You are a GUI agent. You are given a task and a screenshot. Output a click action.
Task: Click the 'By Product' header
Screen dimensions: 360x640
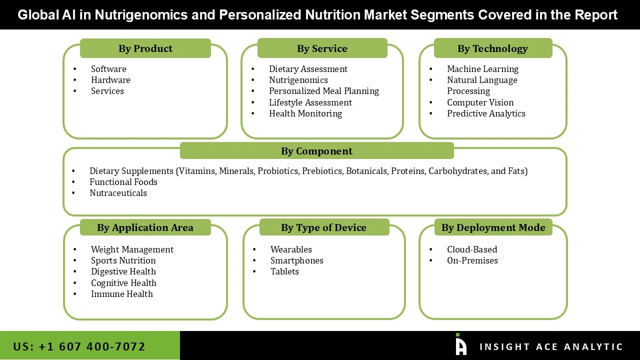coord(145,48)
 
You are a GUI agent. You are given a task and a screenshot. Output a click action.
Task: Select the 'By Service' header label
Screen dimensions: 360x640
coord(322,48)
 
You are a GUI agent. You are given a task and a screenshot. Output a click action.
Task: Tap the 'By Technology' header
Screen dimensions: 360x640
coord(492,48)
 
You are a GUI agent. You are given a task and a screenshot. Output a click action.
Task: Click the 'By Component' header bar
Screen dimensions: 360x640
coord(316,151)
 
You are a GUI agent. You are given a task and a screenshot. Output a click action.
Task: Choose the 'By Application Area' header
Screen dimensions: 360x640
coord(145,227)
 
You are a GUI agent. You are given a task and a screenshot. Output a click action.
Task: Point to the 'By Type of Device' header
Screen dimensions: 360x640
coord(323,227)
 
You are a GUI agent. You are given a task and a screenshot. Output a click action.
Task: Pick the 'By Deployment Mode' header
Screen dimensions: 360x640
coord(493,227)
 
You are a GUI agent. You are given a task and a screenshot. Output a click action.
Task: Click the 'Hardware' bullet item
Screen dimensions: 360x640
coord(110,80)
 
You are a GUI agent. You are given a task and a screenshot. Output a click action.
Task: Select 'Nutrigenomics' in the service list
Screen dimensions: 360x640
coord(298,80)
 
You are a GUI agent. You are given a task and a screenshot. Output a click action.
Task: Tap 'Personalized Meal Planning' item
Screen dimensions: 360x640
coord(324,91)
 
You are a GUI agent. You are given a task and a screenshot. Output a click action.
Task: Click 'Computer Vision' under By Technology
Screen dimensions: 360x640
coord(480,102)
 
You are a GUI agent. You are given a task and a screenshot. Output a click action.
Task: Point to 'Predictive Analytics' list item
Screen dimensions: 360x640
coord(486,113)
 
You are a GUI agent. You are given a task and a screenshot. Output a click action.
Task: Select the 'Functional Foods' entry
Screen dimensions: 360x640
coord(123,182)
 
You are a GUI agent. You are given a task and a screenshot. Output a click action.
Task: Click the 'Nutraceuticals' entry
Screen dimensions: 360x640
coord(118,193)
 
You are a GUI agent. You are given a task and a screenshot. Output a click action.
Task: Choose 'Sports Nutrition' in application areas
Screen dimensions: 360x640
coord(123,260)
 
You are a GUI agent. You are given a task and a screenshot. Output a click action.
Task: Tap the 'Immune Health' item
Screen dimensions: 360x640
coord(121,294)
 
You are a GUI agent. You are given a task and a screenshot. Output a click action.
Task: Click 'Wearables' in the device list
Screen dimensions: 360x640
coord(291,249)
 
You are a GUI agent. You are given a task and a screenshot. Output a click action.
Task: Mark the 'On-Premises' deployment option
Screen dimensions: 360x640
coord(472,260)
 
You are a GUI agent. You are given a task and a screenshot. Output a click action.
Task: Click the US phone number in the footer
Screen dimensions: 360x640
coord(79,346)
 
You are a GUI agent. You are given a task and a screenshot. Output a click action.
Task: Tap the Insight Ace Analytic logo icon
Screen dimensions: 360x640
coord(461,344)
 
